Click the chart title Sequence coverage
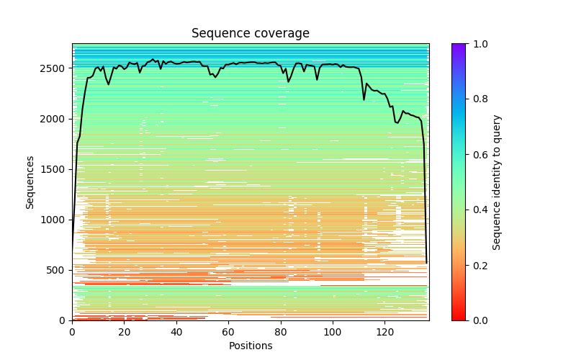[x=251, y=34]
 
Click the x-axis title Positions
[x=251, y=346]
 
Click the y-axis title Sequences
[x=30, y=182]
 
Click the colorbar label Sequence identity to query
[x=497, y=182]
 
